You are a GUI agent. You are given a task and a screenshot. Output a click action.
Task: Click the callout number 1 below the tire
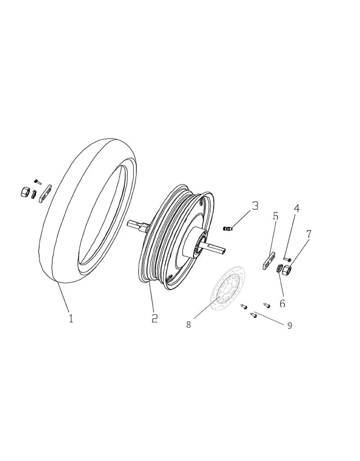71,318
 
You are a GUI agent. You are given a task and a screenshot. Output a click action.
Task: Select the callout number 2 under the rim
154,318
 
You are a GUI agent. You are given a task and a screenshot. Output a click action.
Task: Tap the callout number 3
255,206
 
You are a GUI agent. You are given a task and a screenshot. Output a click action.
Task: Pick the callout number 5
275,216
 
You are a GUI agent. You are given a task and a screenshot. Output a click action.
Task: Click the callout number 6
282,304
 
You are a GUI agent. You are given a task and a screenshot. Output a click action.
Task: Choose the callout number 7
309,234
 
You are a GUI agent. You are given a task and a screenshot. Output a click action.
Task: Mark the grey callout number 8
189,324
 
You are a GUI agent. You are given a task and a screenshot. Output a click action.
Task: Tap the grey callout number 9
289,325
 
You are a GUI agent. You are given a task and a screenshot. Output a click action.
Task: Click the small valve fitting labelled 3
229,229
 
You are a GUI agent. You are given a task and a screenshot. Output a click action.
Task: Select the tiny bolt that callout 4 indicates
287,259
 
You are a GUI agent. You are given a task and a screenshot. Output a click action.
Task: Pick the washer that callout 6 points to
279,269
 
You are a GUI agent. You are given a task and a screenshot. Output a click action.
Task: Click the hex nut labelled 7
288,270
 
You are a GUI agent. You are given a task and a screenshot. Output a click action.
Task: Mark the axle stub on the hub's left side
136,224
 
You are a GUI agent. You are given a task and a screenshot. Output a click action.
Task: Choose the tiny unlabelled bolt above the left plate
38,181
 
